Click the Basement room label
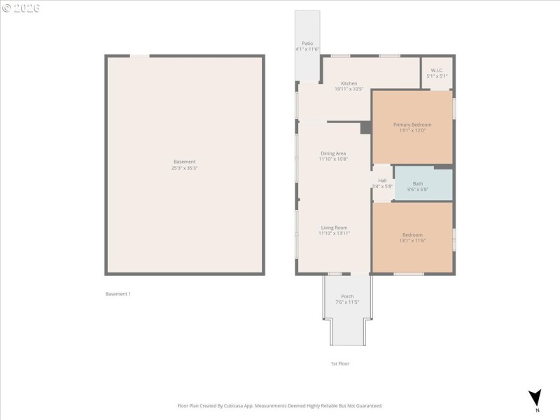click(184, 162)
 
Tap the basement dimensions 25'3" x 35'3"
click(184, 168)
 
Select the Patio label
click(307, 43)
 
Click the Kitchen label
click(349, 83)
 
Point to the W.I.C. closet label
click(437, 70)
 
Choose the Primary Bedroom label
click(412, 125)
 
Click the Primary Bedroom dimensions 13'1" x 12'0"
click(412, 130)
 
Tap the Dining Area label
click(333, 153)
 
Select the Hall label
click(382, 181)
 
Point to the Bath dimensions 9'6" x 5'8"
click(417, 189)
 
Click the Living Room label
click(334, 227)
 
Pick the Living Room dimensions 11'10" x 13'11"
click(334, 233)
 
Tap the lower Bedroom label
click(412, 234)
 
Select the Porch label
click(347, 296)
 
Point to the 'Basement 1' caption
click(118, 294)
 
